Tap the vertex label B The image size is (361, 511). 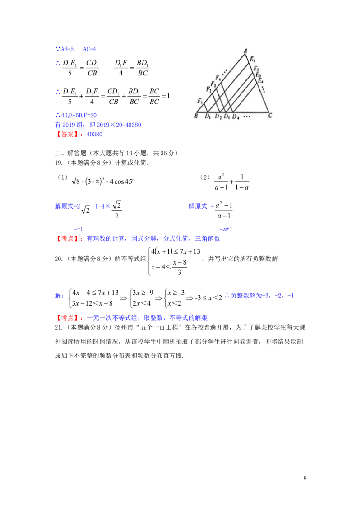click(196, 116)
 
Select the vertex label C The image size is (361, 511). click(270, 116)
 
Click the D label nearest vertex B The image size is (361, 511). click(208, 116)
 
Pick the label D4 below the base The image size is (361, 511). click(235, 116)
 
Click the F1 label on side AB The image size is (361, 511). click(200, 100)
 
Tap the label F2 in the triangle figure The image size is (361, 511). click(208, 89)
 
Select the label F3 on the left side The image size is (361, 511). click(213, 84)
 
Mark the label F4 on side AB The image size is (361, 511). click(218, 78)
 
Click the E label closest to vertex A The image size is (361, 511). click(253, 59)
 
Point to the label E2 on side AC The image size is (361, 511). click(256, 69)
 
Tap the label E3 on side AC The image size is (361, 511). click(258, 75)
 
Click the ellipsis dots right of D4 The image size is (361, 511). click(247, 116)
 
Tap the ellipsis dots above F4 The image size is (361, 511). click(224, 72)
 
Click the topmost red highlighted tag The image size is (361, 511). click(69, 134)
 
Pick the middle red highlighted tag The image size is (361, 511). click(69, 238)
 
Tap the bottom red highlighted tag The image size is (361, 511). click(69, 318)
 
